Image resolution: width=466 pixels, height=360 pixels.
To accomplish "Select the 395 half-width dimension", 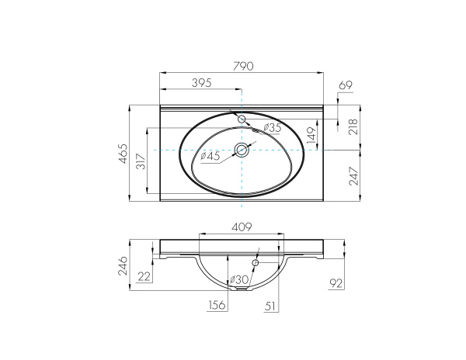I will coord(201,82).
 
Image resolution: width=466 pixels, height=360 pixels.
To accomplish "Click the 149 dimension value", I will coord(311,137).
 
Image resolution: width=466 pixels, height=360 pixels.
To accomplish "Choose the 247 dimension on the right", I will coord(353,177).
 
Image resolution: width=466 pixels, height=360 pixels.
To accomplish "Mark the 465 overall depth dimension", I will coord(123,154).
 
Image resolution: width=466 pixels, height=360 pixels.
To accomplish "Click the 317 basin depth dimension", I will coord(141,162).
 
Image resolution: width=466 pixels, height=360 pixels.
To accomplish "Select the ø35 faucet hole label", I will coord(272,127).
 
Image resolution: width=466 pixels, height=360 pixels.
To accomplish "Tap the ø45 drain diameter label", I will coord(210,156).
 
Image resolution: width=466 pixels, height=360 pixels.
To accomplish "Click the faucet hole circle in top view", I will coord(242,119).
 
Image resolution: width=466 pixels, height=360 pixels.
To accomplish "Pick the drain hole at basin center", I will coord(242,150).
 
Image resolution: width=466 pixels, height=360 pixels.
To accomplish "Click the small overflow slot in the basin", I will coord(257,132).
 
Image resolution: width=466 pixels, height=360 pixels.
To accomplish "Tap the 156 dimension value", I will coord(217,306).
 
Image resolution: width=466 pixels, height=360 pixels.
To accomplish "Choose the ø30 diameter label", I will coord(238,279).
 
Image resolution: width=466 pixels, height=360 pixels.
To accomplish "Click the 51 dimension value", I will coord(270,306).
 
